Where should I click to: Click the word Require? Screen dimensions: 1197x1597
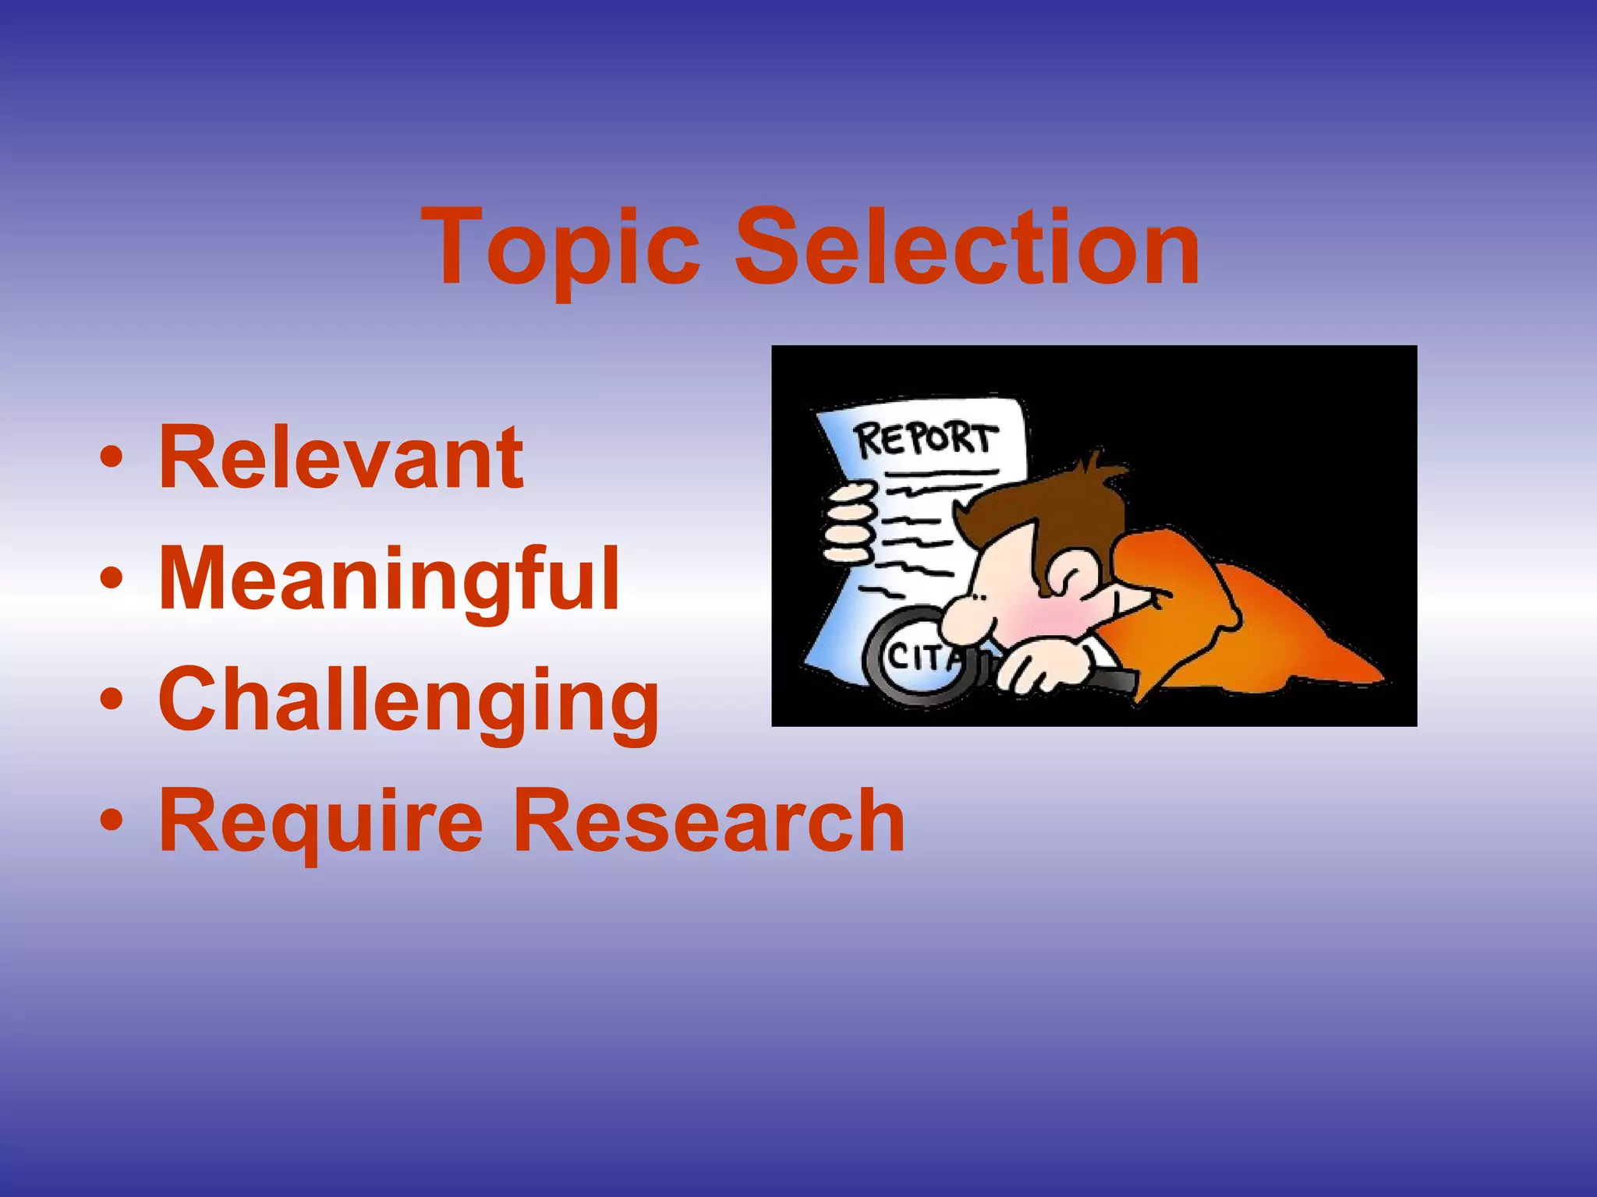[x=320, y=821]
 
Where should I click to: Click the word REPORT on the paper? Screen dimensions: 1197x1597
[x=926, y=440]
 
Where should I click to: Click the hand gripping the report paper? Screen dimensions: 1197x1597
[x=850, y=523]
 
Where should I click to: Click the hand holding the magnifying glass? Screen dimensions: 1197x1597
[x=1045, y=666]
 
